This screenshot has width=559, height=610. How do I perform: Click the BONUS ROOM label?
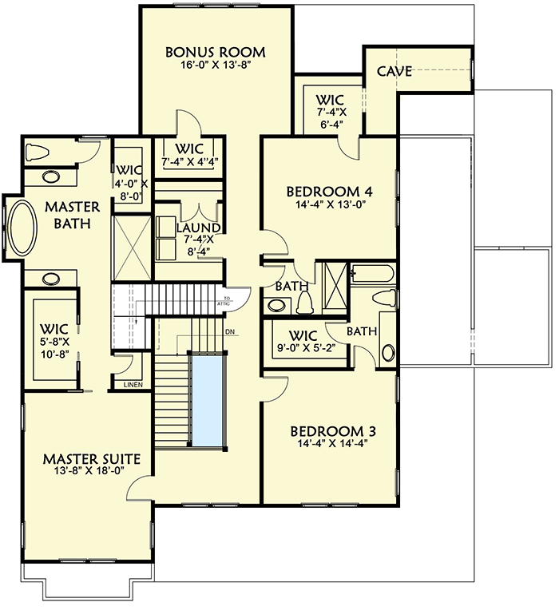(215, 53)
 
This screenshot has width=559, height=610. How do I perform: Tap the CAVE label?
(394, 72)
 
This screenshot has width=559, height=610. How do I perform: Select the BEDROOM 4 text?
(330, 192)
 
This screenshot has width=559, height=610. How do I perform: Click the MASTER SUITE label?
(92, 459)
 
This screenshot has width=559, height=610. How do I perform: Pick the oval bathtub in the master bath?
(22, 228)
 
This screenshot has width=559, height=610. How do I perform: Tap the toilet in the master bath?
(38, 152)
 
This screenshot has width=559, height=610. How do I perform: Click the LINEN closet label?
(133, 385)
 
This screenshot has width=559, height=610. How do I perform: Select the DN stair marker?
(230, 331)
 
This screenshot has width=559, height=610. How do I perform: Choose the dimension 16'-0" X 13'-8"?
(215, 67)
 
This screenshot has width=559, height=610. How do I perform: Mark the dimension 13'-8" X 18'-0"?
(92, 473)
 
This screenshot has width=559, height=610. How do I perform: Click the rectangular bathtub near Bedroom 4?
(373, 273)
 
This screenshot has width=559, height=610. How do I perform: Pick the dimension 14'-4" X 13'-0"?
(330, 205)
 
